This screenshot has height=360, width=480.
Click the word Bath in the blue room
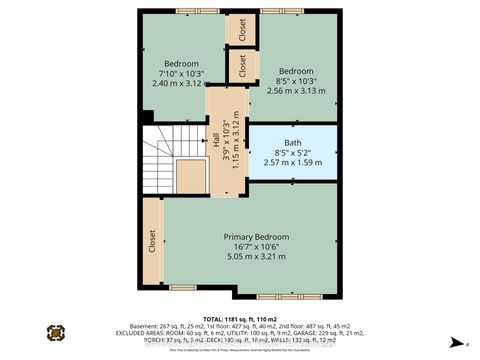click(x=292, y=143)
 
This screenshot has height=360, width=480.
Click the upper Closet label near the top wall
click(x=241, y=30)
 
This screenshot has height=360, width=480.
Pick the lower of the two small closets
click(x=241, y=67)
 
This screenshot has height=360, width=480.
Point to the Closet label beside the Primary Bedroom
click(x=153, y=243)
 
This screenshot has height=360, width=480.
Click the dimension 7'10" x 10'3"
click(x=181, y=73)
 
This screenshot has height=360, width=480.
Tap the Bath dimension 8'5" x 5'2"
click(x=292, y=152)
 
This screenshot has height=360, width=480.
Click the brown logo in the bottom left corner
click(x=55, y=333)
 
